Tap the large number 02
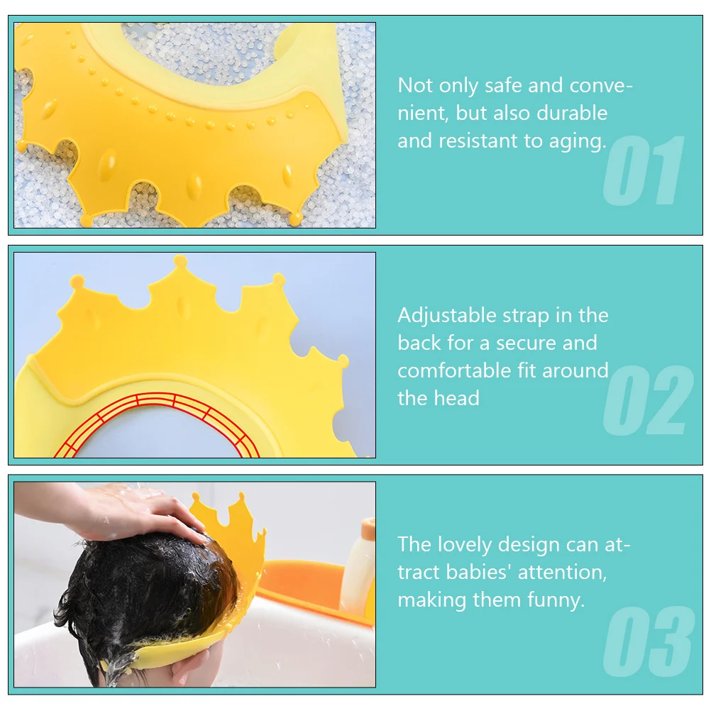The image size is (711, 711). tap(648, 401)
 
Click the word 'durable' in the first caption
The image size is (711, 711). tap(572, 113)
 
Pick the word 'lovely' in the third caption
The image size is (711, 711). tap(493, 544)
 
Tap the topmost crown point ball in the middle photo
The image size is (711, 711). tap(180, 261)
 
